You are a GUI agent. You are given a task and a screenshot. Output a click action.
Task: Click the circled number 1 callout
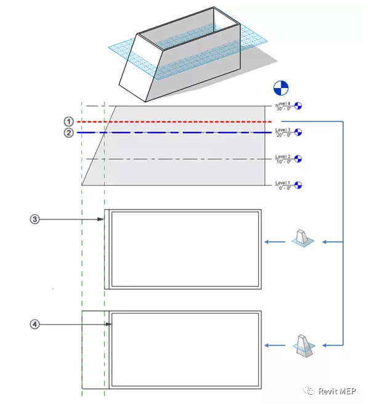point(70,121)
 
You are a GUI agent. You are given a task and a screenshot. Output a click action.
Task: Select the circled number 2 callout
point(70,132)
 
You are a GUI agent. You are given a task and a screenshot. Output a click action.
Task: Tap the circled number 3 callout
point(35,219)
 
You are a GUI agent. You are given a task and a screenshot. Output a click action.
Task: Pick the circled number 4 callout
point(35,323)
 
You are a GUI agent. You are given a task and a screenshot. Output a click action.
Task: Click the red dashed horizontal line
point(185,122)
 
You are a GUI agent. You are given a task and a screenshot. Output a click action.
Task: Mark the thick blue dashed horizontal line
point(185,132)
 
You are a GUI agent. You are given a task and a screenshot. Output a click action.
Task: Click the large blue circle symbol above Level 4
point(280,87)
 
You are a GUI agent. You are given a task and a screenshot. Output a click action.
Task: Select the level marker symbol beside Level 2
point(299,158)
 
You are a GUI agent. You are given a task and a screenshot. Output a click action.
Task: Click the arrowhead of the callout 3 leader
point(102,219)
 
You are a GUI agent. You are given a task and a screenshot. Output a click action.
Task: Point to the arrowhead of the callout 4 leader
point(109,323)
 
